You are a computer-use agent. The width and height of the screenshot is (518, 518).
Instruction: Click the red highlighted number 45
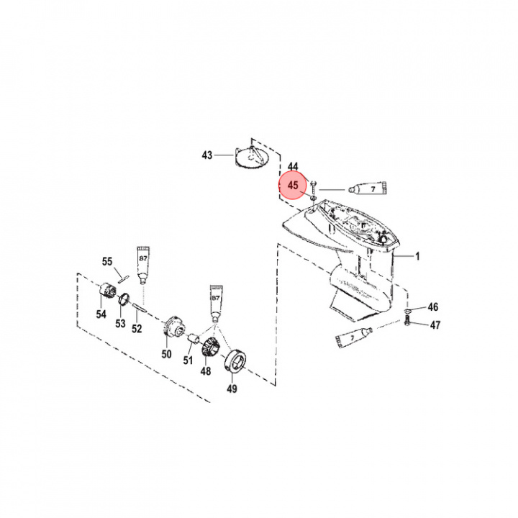pos(293,186)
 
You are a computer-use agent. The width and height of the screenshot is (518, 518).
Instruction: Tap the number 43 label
pos(207,155)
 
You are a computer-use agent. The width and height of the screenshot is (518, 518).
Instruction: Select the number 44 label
pos(293,166)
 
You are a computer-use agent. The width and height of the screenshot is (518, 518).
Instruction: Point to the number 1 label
pos(417,255)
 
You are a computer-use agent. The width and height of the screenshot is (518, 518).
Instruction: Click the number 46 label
pos(433,307)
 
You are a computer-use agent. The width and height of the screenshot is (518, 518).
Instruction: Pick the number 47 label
pos(435,325)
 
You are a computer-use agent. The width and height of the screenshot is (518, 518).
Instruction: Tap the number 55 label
pos(107,261)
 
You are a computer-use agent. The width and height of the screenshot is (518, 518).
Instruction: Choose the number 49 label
pos(231,390)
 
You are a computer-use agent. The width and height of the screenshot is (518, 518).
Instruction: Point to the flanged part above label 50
pos(172,327)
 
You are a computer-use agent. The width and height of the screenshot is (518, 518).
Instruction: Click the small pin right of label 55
pos(122,272)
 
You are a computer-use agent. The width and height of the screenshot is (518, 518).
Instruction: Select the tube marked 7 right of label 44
pos(367,188)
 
